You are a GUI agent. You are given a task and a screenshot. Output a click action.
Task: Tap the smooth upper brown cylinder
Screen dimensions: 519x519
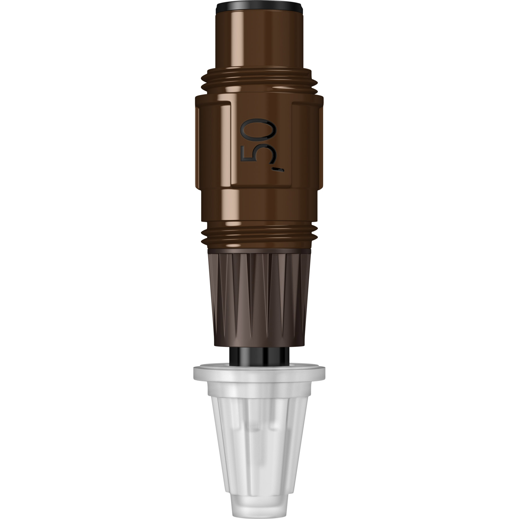259,40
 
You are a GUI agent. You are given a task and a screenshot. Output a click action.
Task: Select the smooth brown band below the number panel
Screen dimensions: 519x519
259,208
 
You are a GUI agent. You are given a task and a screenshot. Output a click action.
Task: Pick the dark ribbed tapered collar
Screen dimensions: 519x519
259,300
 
